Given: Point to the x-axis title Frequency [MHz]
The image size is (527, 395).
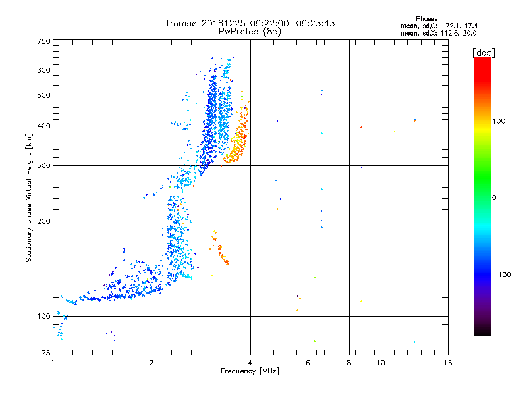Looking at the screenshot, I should pos(250,372).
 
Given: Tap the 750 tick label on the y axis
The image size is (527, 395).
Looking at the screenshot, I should pos(43,41).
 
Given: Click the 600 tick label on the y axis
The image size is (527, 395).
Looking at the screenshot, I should pos(43,70).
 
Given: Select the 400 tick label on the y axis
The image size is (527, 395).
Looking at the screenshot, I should pos(43,126).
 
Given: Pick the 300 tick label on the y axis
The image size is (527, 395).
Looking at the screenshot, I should pos(43,165).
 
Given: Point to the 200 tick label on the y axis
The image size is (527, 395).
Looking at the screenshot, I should pos(43,221).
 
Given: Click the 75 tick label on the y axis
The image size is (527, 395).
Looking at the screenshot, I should pos(45,354).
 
